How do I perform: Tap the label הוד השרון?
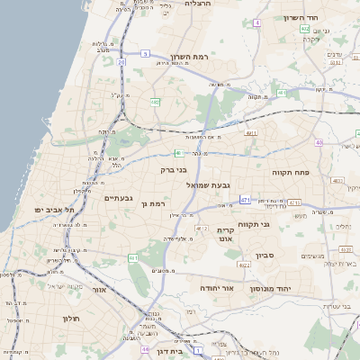click(x=301, y=18)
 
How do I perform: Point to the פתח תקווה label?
click(x=291, y=170)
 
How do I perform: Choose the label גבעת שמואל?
click(x=205, y=184)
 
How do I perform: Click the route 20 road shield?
click(x=121, y=62)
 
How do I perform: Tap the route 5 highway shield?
click(x=145, y=54)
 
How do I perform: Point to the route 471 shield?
click(x=245, y=200)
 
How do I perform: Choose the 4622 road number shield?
click(x=245, y=265)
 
